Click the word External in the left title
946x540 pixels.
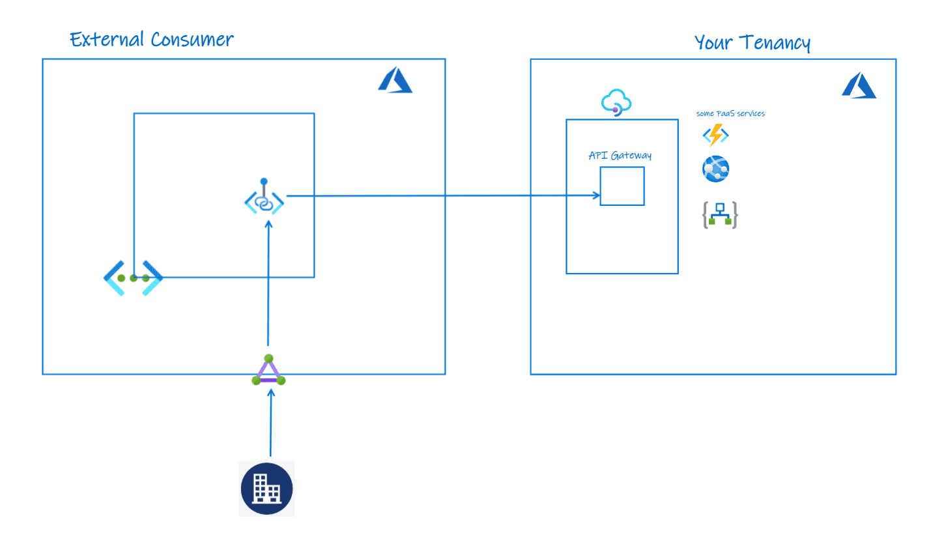(x=107, y=40)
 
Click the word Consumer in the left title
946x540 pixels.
(x=192, y=40)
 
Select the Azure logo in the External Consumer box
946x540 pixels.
(x=395, y=81)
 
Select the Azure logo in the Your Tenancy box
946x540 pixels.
(x=858, y=85)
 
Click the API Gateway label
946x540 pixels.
(x=620, y=156)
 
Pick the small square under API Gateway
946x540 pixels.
(x=622, y=186)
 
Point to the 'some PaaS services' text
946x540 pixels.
(x=730, y=113)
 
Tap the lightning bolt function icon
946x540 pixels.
(x=715, y=135)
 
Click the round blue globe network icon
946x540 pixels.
(x=715, y=169)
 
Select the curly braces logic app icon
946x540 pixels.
(x=719, y=215)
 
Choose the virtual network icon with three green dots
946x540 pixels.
(x=133, y=278)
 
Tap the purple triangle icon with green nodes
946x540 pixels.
(x=268, y=371)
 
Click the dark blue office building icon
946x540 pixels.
(x=266, y=489)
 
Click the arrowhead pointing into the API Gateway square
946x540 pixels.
(x=595, y=195)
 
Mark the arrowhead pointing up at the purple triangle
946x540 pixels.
(x=270, y=394)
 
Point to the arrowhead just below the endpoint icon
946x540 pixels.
(x=268, y=223)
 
